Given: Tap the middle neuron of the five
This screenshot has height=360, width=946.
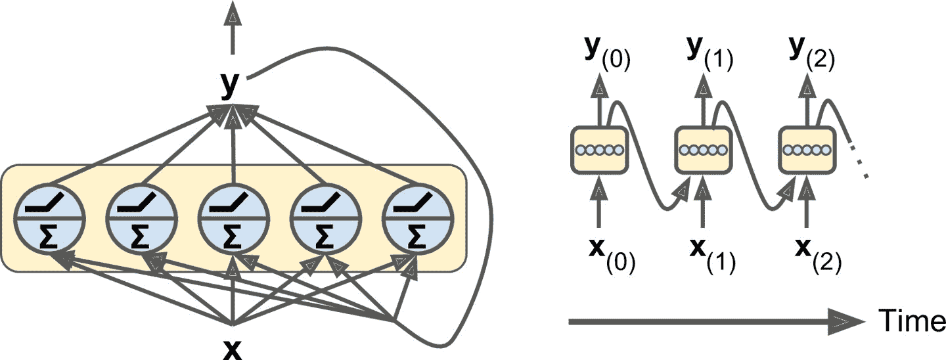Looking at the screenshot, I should [231, 217].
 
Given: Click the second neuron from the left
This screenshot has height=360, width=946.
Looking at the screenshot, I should [139, 217].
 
